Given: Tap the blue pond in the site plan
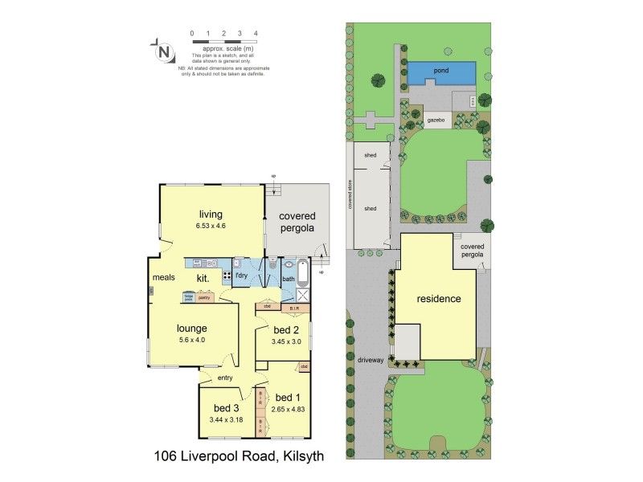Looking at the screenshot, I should click(440, 72).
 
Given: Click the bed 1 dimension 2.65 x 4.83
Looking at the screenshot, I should click(287, 409).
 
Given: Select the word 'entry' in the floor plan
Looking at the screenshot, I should click(225, 378).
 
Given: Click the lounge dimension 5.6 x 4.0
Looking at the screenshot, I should click(192, 341).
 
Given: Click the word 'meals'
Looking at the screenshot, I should click(164, 279).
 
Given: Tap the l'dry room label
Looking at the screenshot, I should click(240, 276).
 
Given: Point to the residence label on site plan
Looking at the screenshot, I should click(439, 299).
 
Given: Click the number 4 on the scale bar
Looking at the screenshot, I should click(255, 34).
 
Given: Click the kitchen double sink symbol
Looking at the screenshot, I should click(202, 263).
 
